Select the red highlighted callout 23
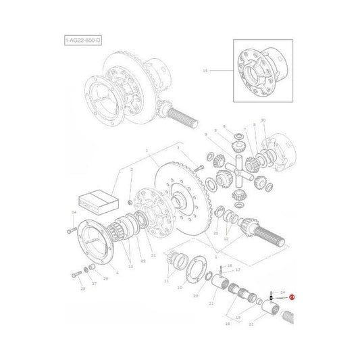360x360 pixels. [x=292, y=297]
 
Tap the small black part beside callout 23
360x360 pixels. [x=271, y=297]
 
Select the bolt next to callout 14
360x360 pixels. [x=72, y=230]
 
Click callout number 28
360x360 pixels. [x=82, y=289]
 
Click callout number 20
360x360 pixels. [x=195, y=296]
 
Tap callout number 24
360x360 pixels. [x=283, y=289]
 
